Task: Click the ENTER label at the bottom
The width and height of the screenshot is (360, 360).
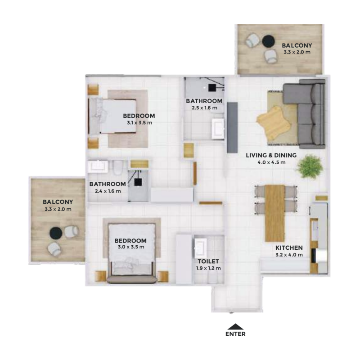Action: click(235, 334)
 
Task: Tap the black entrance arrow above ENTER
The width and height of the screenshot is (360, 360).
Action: click(235, 327)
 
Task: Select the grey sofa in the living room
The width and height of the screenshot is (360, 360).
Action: click(310, 115)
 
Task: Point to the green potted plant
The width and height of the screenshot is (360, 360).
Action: click(310, 166)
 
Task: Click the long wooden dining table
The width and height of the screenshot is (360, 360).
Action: click(275, 213)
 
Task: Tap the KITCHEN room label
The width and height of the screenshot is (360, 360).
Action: click(289, 247)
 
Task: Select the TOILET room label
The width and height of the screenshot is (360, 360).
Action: click(208, 261)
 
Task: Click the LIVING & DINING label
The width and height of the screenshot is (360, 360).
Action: click(271, 155)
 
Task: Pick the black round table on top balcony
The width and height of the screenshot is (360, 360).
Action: click(268, 41)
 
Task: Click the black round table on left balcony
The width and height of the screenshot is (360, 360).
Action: click(55, 233)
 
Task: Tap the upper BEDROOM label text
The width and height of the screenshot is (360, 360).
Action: click(139, 115)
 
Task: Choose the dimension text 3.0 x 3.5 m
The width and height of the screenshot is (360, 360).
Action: click(130, 247)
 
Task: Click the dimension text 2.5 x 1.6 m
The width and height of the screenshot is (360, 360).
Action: click(204, 108)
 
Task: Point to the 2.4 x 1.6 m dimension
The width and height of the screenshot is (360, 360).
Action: click(108, 191)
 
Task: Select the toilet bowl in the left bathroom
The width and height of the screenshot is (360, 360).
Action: click(118, 167)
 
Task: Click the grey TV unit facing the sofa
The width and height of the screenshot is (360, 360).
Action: click(232, 127)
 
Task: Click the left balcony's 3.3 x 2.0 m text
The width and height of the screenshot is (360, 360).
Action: click(58, 209)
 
